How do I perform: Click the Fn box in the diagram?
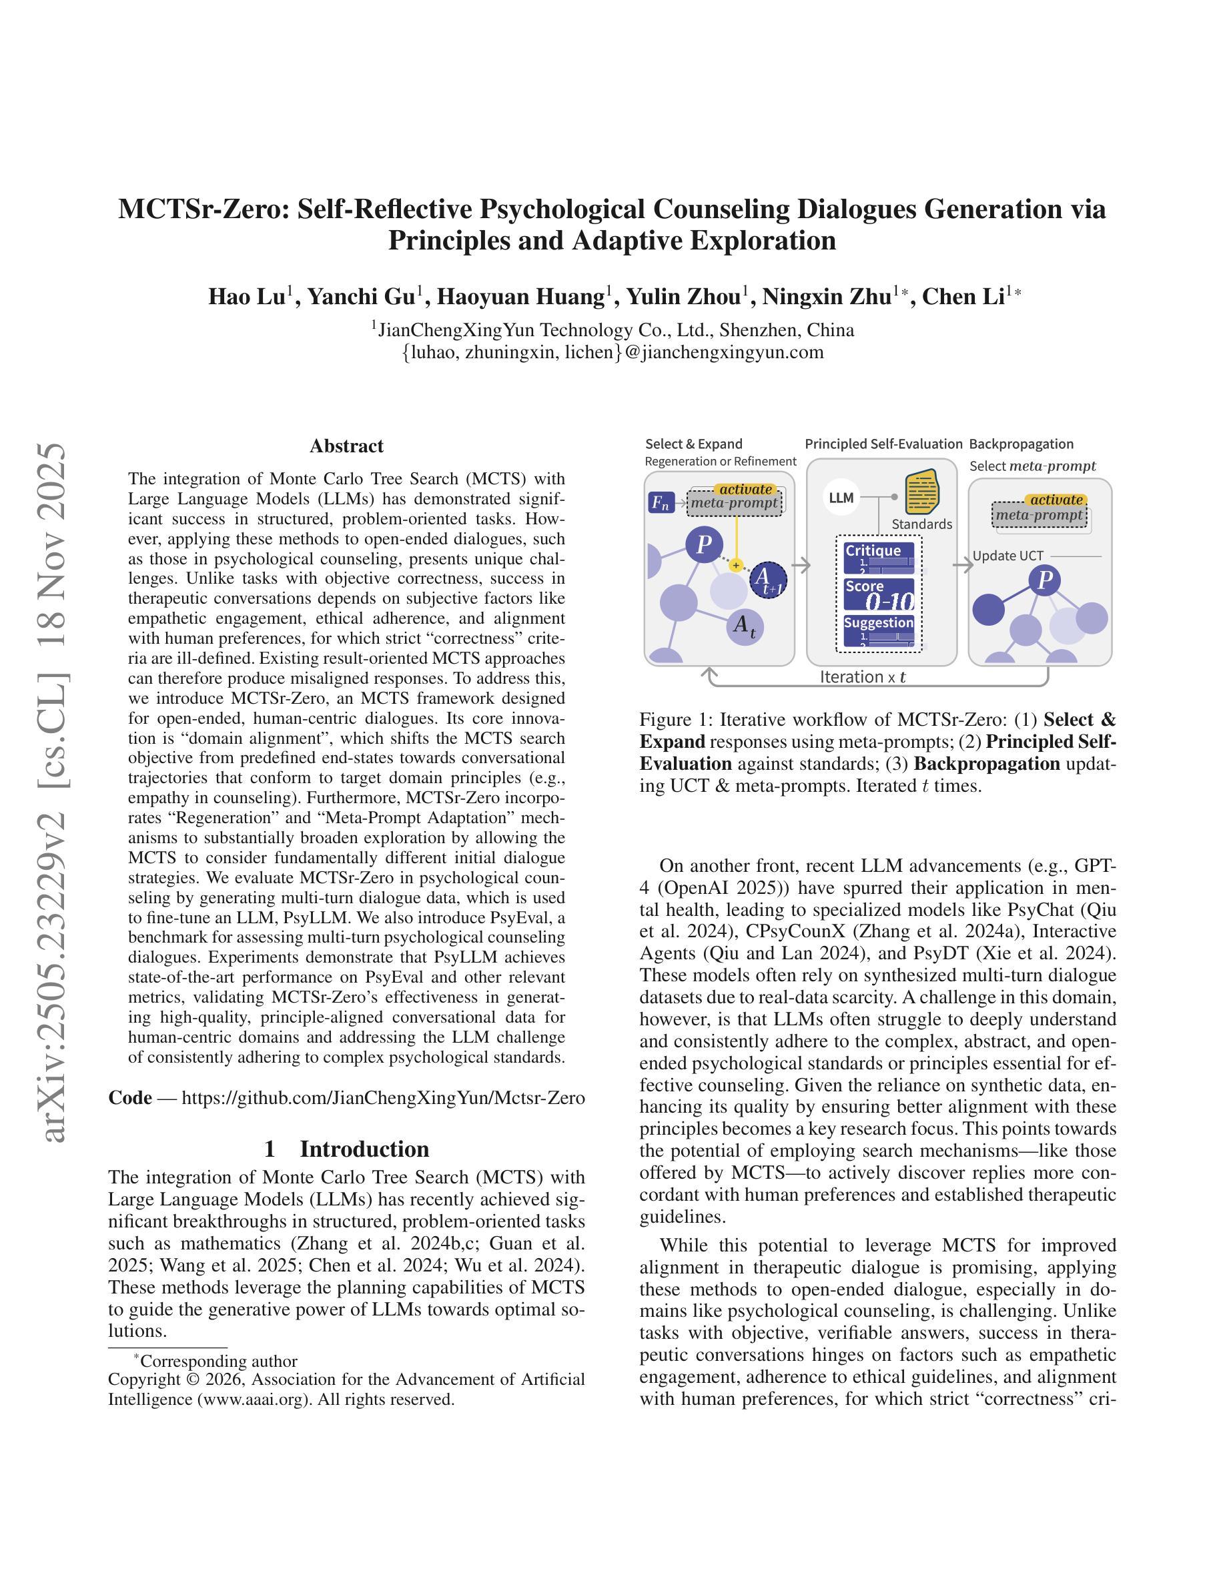(661, 502)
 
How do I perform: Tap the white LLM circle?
(841, 498)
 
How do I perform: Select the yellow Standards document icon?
(921, 492)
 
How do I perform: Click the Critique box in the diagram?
(879, 556)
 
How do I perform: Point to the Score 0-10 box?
(879, 594)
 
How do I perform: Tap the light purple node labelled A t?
(745, 625)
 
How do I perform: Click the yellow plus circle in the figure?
(736, 564)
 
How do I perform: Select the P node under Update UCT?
(1045, 580)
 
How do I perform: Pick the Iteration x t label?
(863, 677)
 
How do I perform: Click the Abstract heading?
(346, 446)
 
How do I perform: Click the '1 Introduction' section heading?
(346, 1149)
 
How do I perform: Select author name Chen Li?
(963, 297)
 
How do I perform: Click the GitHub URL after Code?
(382, 1097)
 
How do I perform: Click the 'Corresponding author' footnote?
(218, 1361)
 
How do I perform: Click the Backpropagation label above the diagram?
(1021, 444)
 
